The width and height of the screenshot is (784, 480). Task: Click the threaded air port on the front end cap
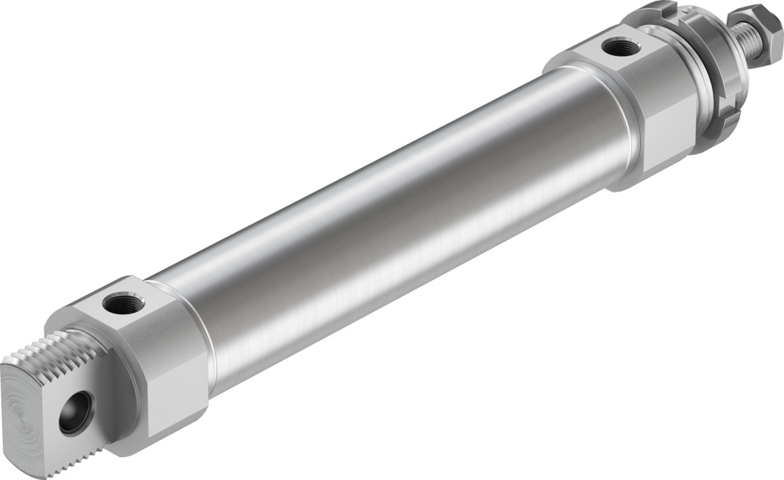coord(621,49)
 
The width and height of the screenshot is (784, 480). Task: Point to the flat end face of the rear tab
coord(37,416)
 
